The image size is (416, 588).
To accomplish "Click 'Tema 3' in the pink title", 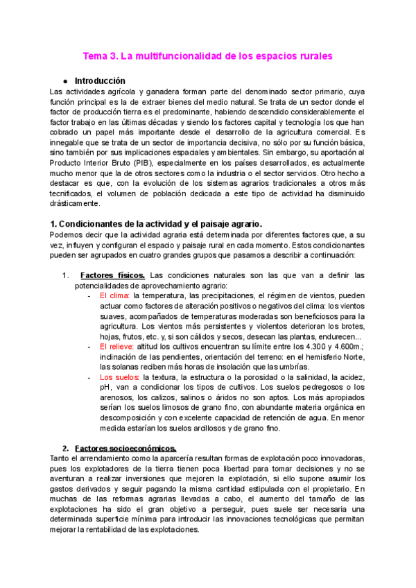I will pos(101,55).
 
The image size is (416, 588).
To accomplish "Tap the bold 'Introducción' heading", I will pos(100,80).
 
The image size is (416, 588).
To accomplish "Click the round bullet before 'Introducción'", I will pos(64,81).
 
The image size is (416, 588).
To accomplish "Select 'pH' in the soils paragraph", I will pos(105,388).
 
